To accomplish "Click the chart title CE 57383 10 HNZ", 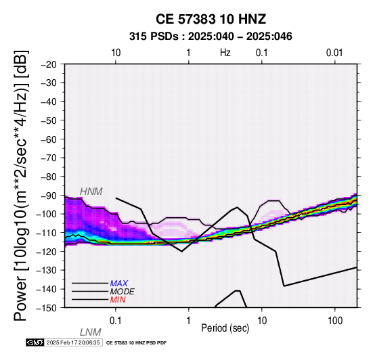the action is (211, 19).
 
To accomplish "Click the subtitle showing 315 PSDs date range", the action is (211, 37).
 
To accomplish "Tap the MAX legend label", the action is (119, 284).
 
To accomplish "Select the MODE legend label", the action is (123, 292).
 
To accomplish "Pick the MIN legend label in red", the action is (118, 300).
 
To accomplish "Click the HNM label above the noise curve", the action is (91, 192).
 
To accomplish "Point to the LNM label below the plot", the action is (91, 332).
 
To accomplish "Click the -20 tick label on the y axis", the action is (48, 64).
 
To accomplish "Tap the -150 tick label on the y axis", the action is (47, 308).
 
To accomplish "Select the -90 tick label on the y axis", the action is (48, 196).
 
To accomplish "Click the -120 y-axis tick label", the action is (47, 252).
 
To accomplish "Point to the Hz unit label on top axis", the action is (225, 53).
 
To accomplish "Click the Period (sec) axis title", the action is (225, 328).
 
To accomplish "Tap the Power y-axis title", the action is (21, 185).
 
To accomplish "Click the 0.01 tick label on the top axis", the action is (334, 53).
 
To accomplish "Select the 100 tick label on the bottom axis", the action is (335, 321).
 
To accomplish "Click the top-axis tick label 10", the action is (116, 53).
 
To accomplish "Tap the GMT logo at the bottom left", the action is (35, 342).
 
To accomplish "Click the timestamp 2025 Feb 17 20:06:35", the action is (73, 342).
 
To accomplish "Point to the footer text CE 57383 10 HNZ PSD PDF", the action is (136, 343).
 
